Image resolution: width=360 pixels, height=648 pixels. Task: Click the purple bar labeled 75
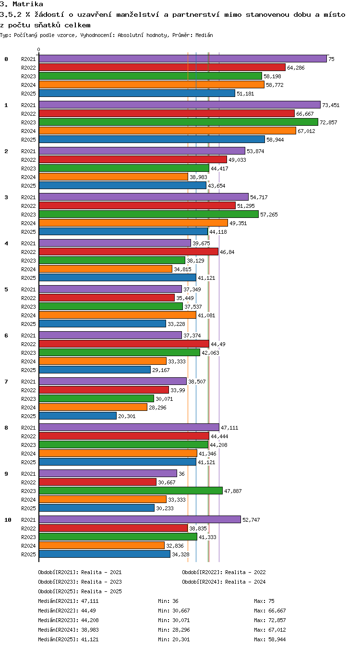click(182, 59)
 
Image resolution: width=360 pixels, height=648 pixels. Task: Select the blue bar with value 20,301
click(78, 416)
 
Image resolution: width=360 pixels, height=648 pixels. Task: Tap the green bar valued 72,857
click(178, 122)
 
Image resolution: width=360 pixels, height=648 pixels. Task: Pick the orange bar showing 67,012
click(167, 131)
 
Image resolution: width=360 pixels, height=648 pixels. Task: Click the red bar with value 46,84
click(129, 252)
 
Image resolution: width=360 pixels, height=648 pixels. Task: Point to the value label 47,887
click(233, 491)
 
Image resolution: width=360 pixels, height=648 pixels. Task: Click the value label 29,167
click(161, 370)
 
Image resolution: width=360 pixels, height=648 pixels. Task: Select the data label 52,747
click(251, 520)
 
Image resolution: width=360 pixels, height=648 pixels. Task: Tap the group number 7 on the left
click(6, 382)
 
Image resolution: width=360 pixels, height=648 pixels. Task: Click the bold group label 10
click(8, 520)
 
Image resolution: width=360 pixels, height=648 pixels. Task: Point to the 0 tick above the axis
click(39, 50)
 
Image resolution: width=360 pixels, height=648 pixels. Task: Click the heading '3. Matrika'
click(22, 4)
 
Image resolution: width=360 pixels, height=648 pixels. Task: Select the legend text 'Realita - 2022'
click(245, 572)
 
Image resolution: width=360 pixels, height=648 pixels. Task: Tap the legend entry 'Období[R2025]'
click(58, 591)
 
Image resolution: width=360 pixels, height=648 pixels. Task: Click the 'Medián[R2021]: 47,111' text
click(68, 601)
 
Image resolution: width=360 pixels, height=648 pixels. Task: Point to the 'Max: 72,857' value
click(270, 620)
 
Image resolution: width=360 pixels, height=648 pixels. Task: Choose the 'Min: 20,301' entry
click(174, 639)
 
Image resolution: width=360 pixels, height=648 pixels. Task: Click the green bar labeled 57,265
click(148, 215)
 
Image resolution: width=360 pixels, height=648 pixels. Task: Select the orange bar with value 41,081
click(117, 315)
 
